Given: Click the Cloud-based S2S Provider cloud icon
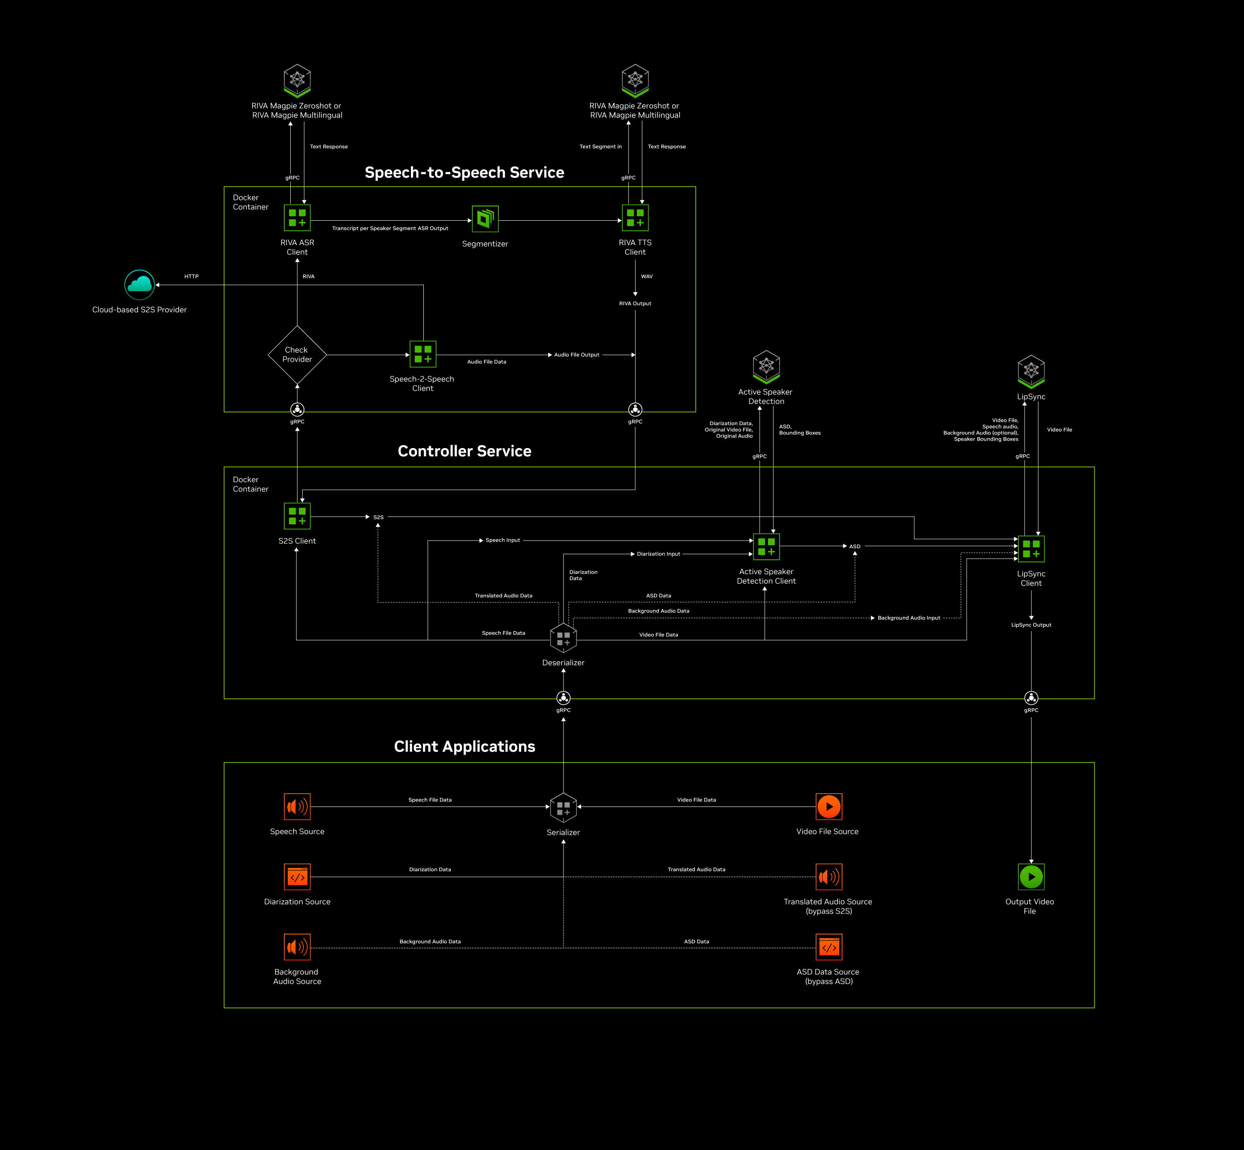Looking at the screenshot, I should click(139, 285).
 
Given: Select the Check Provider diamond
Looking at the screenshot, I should click(297, 355).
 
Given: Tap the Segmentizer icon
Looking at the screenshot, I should click(485, 218).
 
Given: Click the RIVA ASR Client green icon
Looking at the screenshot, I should click(297, 218).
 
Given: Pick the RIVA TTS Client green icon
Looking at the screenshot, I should click(635, 218).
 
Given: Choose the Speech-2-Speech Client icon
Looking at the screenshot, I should click(423, 354).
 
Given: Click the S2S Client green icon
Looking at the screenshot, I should click(297, 516).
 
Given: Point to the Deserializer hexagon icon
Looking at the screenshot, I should click(564, 638).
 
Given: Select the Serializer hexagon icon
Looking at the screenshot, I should click(564, 808).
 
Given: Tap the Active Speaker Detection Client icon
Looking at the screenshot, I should click(766, 546).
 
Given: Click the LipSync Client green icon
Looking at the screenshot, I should click(1031, 549).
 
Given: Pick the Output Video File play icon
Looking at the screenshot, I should click(1031, 877).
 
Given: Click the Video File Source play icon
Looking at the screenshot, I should click(829, 806).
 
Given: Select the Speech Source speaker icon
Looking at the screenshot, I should click(297, 806).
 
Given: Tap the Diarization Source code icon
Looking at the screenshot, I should click(297, 877).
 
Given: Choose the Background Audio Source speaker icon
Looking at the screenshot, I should click(297, 947).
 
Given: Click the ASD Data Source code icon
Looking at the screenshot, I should click(829, 947).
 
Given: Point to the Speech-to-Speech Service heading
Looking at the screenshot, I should click(464, 173).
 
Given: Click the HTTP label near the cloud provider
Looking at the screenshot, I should click(192, 276).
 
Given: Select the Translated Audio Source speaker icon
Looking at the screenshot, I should click(829, 877).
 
